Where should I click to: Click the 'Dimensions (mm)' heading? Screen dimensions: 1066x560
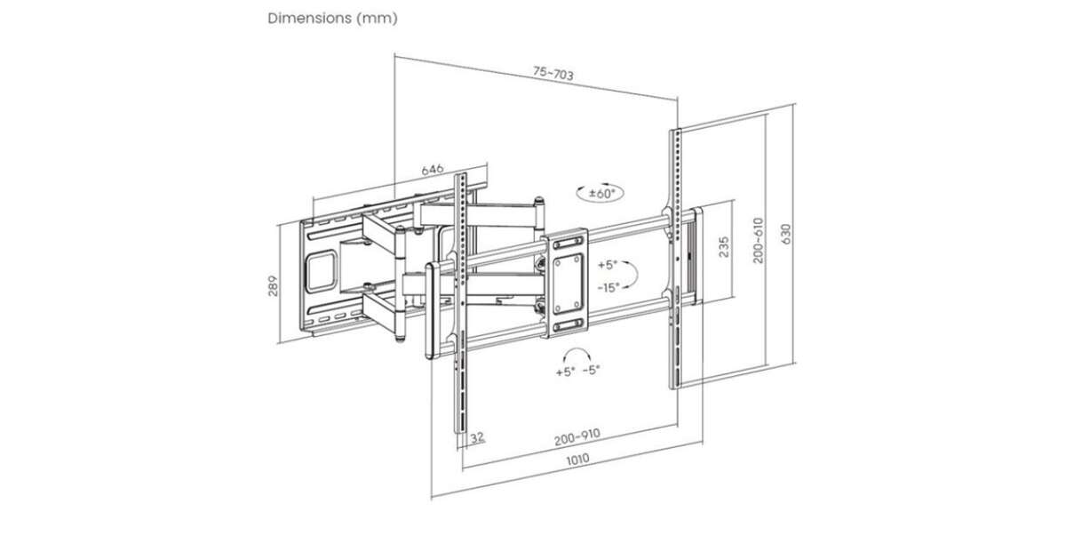click(x=332, y=19)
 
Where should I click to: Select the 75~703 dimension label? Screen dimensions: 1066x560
click(x=553, y=73)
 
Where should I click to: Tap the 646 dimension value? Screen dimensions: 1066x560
click(x=433, y=169)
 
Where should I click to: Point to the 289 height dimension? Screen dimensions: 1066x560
click(x=273, y=285)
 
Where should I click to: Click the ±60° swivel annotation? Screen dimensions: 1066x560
click(x=601, y=194)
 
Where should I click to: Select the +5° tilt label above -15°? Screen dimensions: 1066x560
click(x=608, y=265)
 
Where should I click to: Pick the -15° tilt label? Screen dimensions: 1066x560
click(x=609, y=288)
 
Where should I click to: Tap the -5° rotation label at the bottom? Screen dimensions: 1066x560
click(x=591, y=370)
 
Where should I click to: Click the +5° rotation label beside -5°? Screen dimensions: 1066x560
click(x=565, y=372)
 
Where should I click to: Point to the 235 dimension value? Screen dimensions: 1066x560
click(x=723, y=247)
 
